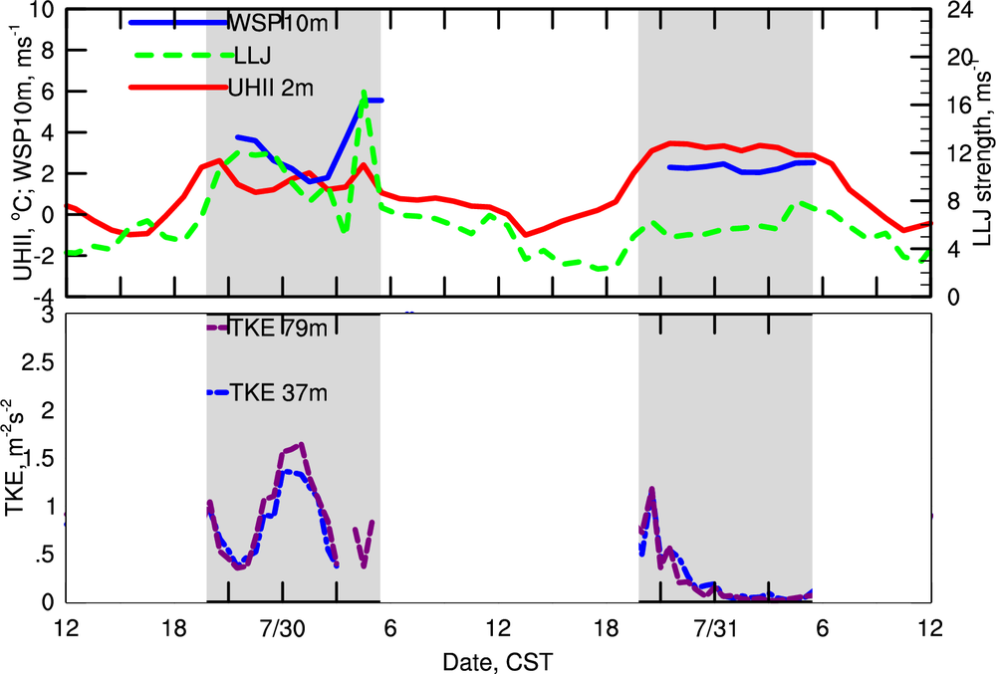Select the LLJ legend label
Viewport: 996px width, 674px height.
tap(246, 55)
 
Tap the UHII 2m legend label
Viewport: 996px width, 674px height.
tap(271, 88)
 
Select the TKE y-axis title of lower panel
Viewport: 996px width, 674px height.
tap(19, 458)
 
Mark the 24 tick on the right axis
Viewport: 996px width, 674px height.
tap(952, 12)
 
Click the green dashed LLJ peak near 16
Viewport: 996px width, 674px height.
tap(365, 92)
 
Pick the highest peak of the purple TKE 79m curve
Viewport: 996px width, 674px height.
tap(301, 444)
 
